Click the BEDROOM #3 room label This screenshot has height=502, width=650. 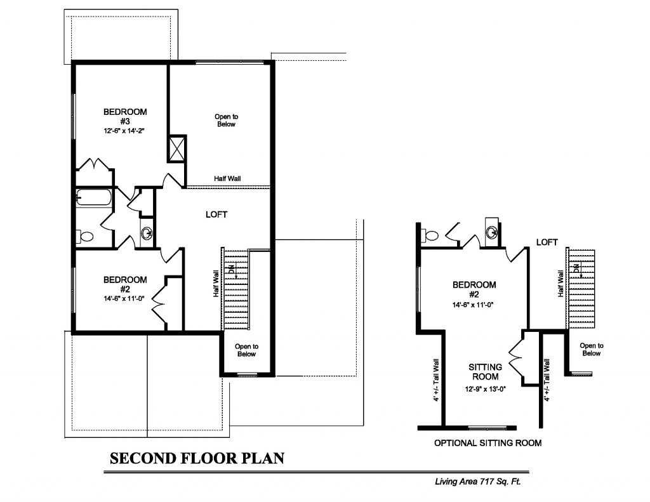coord(125,116)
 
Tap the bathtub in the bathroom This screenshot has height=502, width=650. coord(94,197)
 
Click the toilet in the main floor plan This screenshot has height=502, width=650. coord(86,237)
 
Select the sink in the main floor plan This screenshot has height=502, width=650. coord(147,234)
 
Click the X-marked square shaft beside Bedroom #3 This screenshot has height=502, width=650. coord(176,149)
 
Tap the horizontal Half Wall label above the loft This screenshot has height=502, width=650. coord(227,179)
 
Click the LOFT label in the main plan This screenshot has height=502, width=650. coord(216,215)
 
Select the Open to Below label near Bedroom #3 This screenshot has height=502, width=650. coord(227,120)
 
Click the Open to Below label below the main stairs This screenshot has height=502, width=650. coord(246,350)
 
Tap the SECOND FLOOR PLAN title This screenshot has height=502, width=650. coord(197,458)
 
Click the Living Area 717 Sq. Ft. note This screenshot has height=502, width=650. coord(477,482)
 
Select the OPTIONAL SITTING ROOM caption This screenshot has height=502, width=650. coord(488,443)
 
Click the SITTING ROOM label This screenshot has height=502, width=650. coord(486,372)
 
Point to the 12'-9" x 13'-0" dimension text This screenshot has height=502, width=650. coord(486,389)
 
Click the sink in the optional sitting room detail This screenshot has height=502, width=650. coord(493,232)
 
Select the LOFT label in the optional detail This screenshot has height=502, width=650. coord(547,242)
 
